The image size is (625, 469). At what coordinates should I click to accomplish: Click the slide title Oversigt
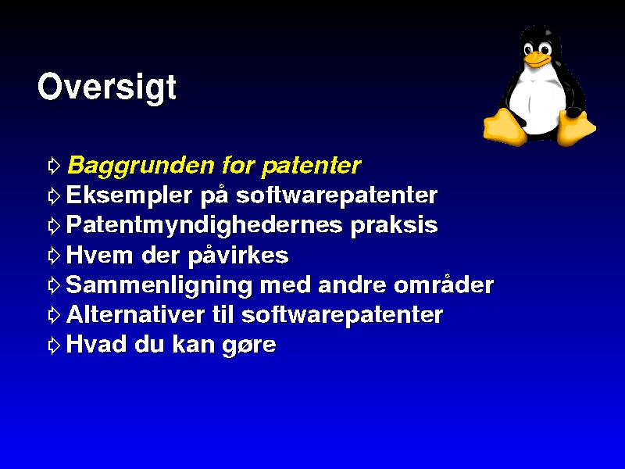tap(107, 87)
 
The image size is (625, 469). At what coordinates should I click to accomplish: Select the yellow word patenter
tap(311, 166)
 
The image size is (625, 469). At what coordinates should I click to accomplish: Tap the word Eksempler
tap(129, 195)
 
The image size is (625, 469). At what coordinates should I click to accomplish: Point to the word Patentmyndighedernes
tap(204, 225)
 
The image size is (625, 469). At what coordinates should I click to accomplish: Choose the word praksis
tap(394, 226)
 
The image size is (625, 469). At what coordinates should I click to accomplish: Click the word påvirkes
tap(238, 256)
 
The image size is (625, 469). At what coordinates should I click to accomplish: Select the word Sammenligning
tap(159, 285)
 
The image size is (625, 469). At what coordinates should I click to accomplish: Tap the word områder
tap(444, 285)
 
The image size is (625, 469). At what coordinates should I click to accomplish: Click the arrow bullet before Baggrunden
tap(54, 166)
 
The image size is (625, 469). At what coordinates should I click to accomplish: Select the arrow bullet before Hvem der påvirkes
tap(54, 256)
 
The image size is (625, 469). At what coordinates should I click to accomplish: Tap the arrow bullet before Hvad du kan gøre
tap(54, 345)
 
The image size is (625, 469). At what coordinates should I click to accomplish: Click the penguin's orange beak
tap(537, 59)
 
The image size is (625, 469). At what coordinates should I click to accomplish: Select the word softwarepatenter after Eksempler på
tap(337, 195)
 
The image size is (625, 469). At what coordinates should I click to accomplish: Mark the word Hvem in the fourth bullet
tap(99, 255)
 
